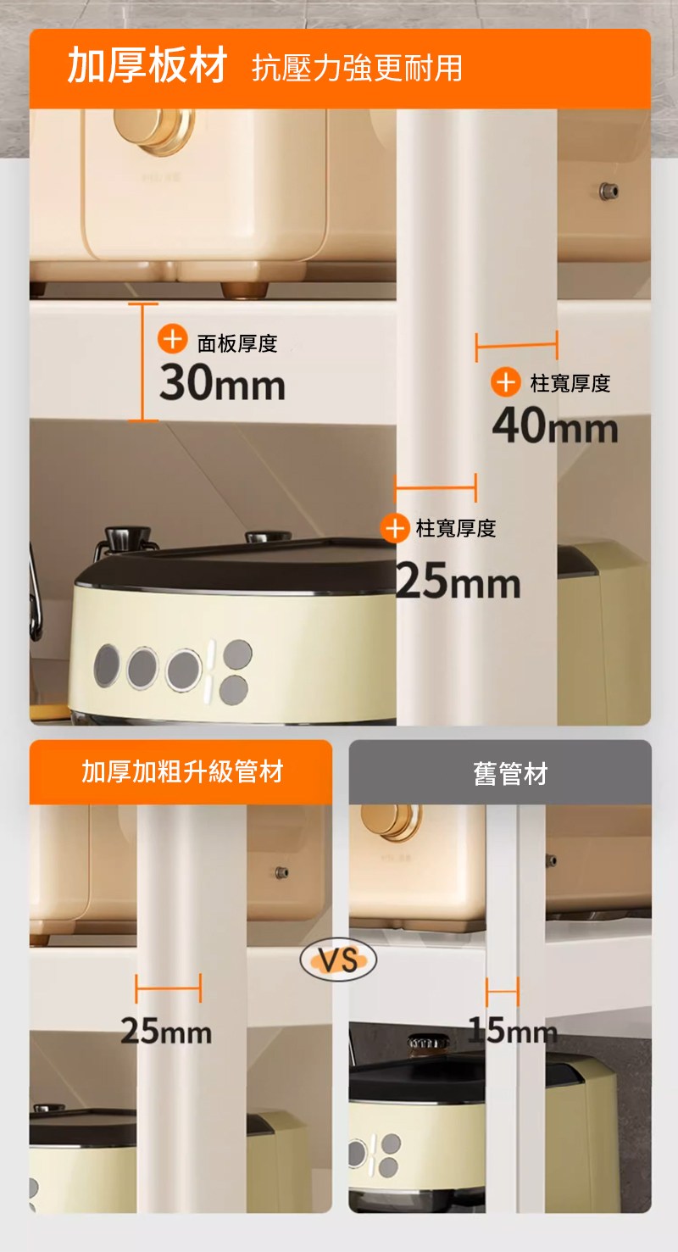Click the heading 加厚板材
(147, 65)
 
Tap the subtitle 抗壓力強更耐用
(357, 68)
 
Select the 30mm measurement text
(222, 383)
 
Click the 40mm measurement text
(555, 426)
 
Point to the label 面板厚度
(237, 343)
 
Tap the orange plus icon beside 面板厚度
(172, 338)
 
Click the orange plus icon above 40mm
(506, 382)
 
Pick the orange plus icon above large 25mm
(395, 527)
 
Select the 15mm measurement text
(513, 1030)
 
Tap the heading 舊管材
(510, 773)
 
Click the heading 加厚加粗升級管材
(182, 772)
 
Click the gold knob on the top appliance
(154, 129)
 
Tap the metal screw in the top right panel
(609, 191)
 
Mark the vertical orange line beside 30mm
(142, 362)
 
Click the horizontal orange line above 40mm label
(516, 346)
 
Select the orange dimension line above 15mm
(503, 992)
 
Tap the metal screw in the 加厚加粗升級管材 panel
(281, 872)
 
